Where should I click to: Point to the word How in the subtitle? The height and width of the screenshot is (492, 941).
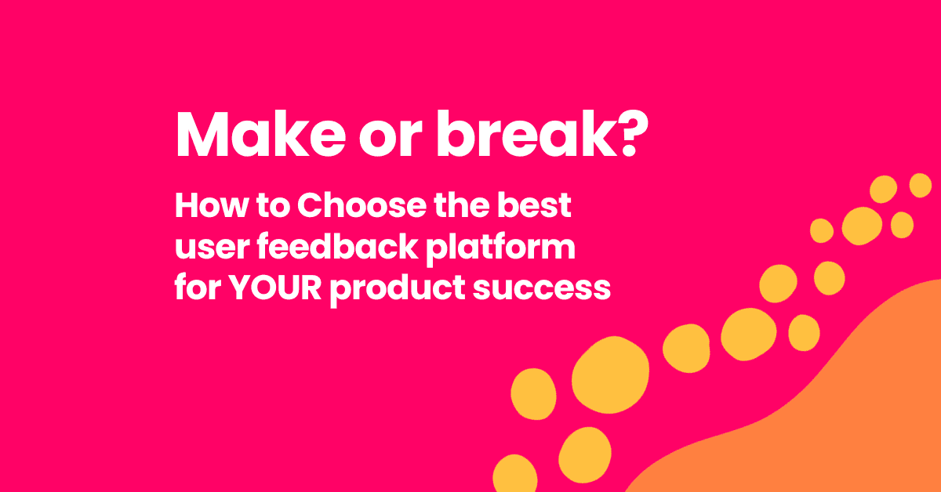[205, 207]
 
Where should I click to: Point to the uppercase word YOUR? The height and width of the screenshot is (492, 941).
[274, 288]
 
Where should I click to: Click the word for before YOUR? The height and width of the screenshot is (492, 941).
[195, 288]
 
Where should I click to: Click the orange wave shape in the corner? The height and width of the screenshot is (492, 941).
[823, 415]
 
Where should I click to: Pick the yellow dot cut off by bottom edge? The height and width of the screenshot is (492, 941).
[514, 474]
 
